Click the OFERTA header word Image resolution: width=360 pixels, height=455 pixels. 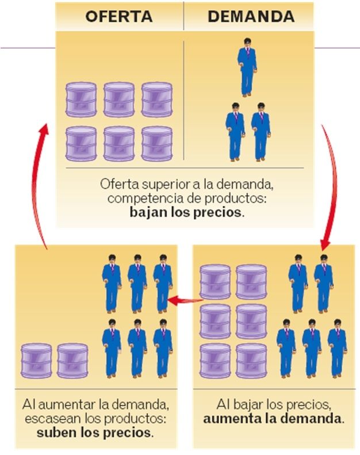[x=119, y=16]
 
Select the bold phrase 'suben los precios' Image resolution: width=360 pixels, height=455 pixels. [x=94, y=431]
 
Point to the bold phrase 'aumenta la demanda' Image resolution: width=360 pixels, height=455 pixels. [x=274, y=418]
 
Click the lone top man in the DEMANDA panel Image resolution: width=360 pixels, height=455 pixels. [x=247, y=66]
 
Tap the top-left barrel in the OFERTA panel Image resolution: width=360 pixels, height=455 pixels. [x=81, y=99]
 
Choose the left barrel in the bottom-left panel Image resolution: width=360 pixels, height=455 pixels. [x=36, y=361]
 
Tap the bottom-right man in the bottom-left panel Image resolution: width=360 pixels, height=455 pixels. [x=163, y=348]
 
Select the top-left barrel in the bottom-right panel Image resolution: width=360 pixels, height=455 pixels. [x=215, y=282]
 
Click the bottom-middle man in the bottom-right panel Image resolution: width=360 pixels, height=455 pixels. [x=311, y=348]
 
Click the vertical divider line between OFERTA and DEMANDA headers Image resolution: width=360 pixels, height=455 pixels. [x=184, y=16]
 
